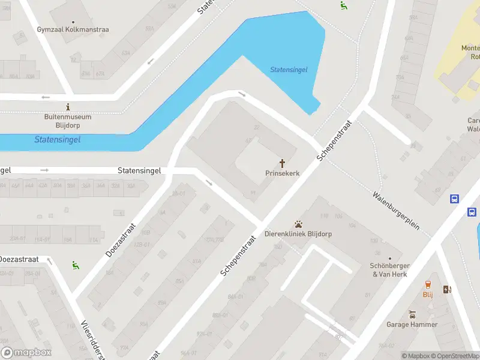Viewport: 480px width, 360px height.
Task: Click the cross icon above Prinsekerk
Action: pos(282,163)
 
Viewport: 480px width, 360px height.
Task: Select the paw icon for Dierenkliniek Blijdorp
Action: pos(298,224)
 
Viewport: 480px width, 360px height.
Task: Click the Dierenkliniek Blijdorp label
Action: pos(298,234)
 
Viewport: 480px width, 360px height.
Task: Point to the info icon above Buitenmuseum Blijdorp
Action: pos(68,107)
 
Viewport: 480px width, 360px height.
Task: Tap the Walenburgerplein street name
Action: pos(395,213)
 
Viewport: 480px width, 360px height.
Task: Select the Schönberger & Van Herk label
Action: pos(389,270)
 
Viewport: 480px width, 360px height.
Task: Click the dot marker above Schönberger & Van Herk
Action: pos(389,259)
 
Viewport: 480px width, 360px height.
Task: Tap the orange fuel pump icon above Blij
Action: pos(428,284)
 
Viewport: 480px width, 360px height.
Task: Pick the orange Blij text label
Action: pos(428,295)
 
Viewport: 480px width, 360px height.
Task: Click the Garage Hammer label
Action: pos(412,325)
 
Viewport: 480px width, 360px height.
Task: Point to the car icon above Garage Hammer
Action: pos(412,314)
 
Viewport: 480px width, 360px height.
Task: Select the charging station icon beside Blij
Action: pos(446,290)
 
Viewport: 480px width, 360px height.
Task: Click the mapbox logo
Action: pos(26,353)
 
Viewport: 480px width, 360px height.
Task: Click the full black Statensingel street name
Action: pos(139,171)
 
